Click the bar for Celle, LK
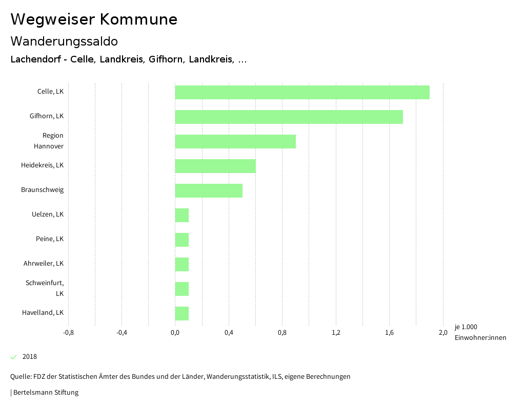[302, 92]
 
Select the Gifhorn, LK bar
[289, 117]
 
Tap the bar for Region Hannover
[235, 141]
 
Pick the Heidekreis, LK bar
[215, 166]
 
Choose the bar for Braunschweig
[209, 190]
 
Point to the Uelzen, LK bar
[182, 215]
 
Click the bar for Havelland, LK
[182, 313]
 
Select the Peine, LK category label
[50, 239]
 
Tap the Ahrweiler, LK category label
[44, 264]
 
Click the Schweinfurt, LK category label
[45, 288]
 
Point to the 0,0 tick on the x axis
[175, 333]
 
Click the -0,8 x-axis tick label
[68, 333]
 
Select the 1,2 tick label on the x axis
[336, 333]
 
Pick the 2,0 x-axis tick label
[443, 333]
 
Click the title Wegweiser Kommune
[94, 19]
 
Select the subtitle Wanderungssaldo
[64, 41]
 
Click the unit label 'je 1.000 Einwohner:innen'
[480, 332]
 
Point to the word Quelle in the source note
[21, 377]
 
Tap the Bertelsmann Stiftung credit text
[46, 393]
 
